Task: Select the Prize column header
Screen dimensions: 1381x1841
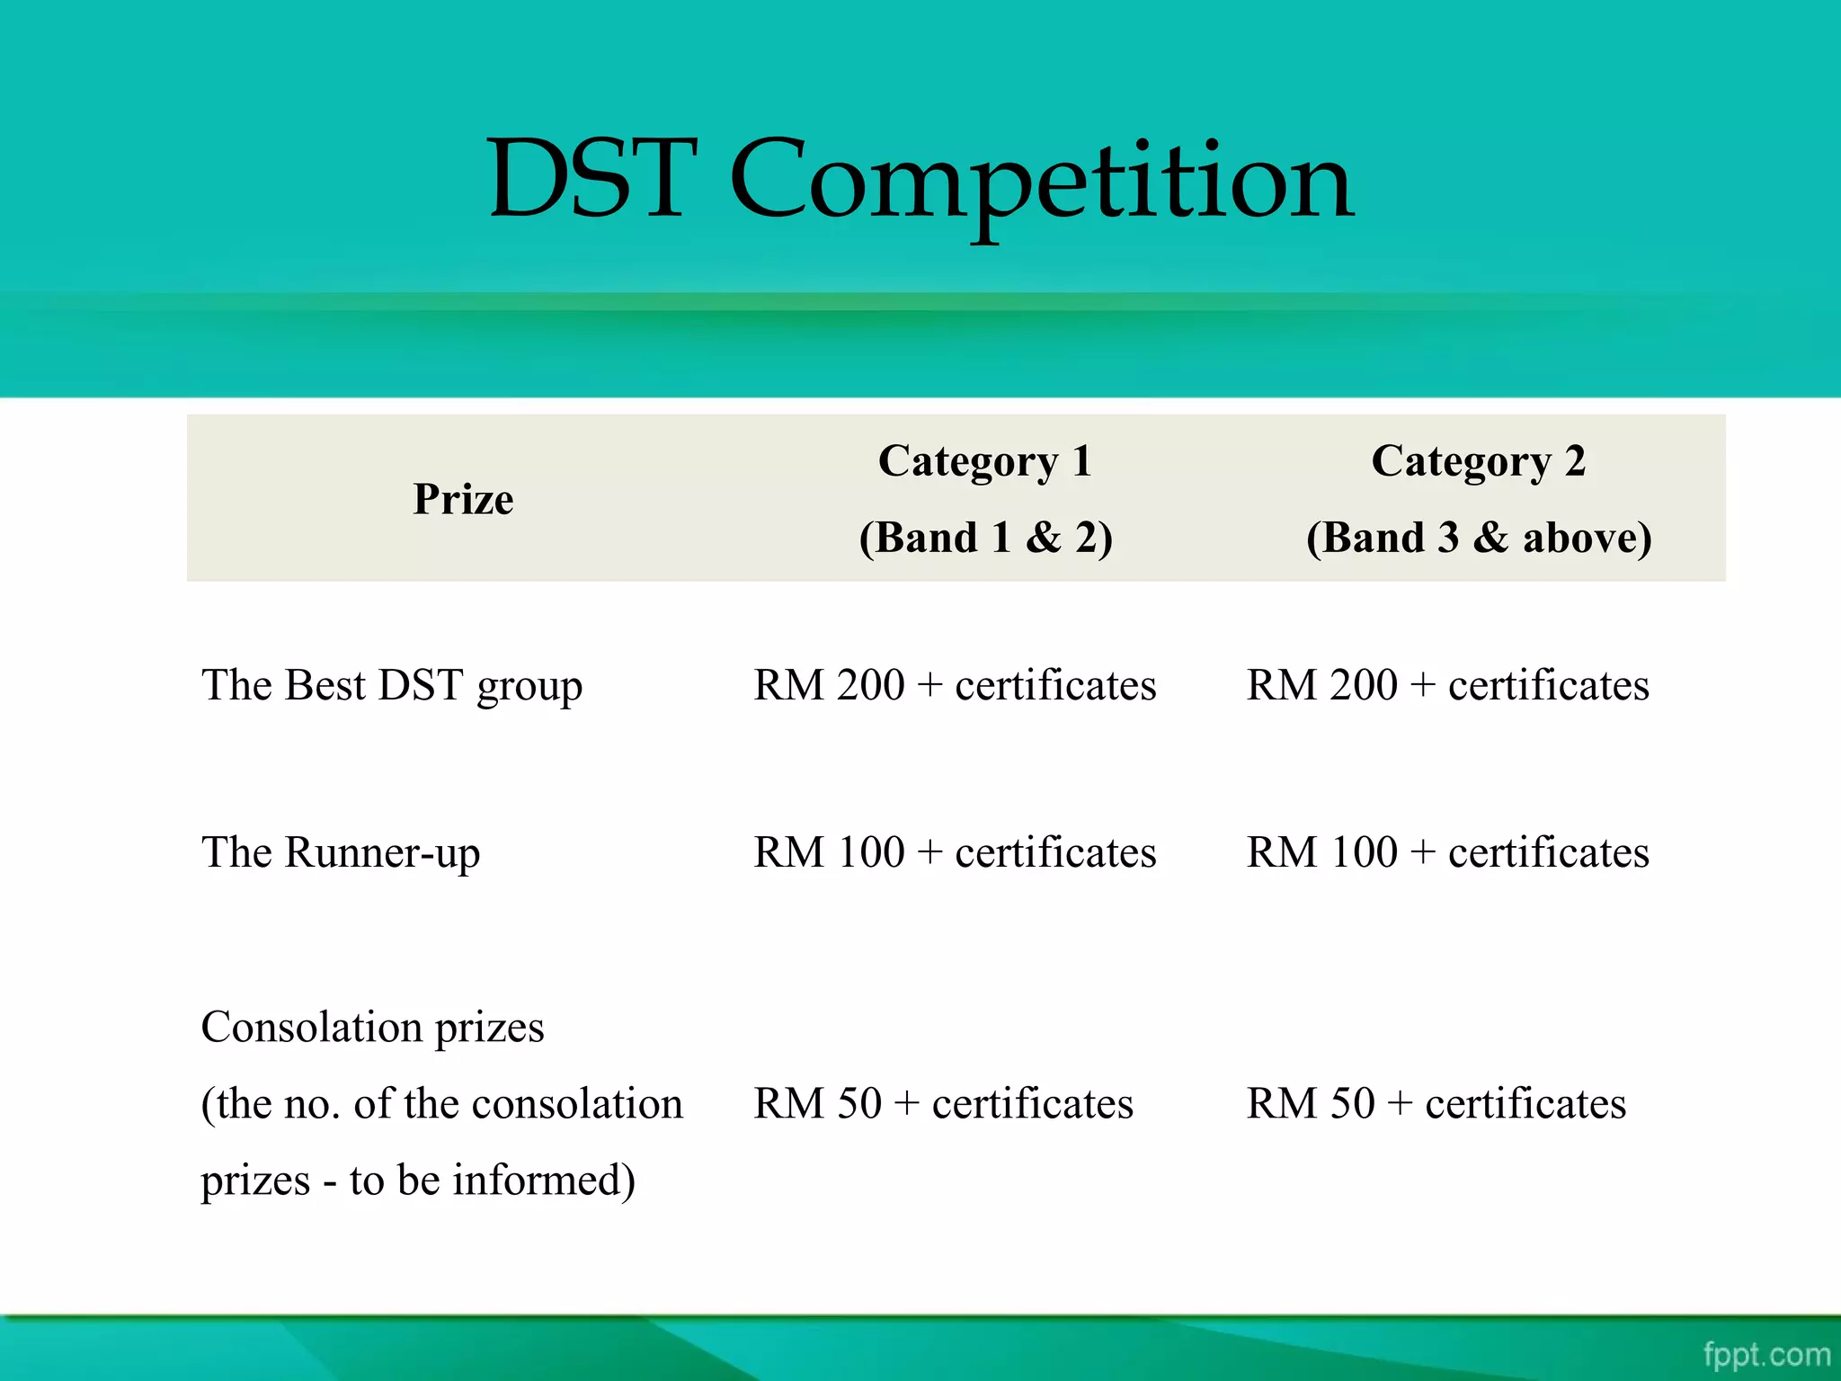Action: coord(463,499)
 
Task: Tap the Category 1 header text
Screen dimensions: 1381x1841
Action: coord(985,461)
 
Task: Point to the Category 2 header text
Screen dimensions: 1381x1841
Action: coord(1478,461)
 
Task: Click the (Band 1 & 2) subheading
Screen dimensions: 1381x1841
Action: coord(985,538)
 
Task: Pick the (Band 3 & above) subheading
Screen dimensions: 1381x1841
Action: coord(1478,538)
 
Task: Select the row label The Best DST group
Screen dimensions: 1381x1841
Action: coord(392,685)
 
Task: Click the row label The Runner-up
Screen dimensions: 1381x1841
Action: coord(341,852)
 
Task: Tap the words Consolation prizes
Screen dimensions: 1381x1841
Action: coord(372,1027)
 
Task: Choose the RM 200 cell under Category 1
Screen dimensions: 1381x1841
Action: coord(955,685)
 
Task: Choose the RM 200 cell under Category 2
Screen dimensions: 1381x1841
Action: coord(1447,685)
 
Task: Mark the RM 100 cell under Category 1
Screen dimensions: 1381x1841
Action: coord(955,852)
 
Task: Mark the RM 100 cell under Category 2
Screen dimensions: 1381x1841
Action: coord(1447,852)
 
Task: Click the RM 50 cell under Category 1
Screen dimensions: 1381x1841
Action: coord(943,1103)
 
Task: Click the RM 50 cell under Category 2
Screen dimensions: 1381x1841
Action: coord(1436,1103)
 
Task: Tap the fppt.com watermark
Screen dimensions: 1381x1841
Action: coord(1766,1354)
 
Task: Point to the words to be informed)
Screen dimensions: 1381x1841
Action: coord(492,1180)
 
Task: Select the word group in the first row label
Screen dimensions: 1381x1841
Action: coord(529,688)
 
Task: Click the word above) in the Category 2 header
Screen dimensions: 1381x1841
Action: coord(1587,538)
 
